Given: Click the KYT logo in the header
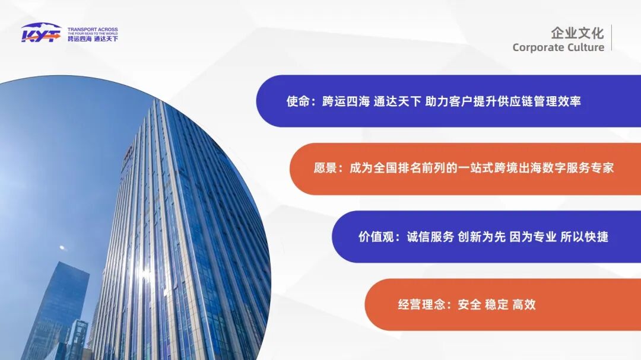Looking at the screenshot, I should (41, 33).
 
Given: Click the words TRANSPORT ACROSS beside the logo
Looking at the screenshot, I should (93, 29).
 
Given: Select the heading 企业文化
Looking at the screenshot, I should (577, 33).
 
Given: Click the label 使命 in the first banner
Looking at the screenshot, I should (298, 101).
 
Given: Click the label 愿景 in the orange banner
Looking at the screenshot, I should (326, 168).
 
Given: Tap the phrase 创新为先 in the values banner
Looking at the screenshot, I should (481, 237).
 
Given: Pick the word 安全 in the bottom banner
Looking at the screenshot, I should (469, 305).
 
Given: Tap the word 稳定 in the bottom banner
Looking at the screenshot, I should (497, 305).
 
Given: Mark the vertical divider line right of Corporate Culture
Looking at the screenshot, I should (611, 38).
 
